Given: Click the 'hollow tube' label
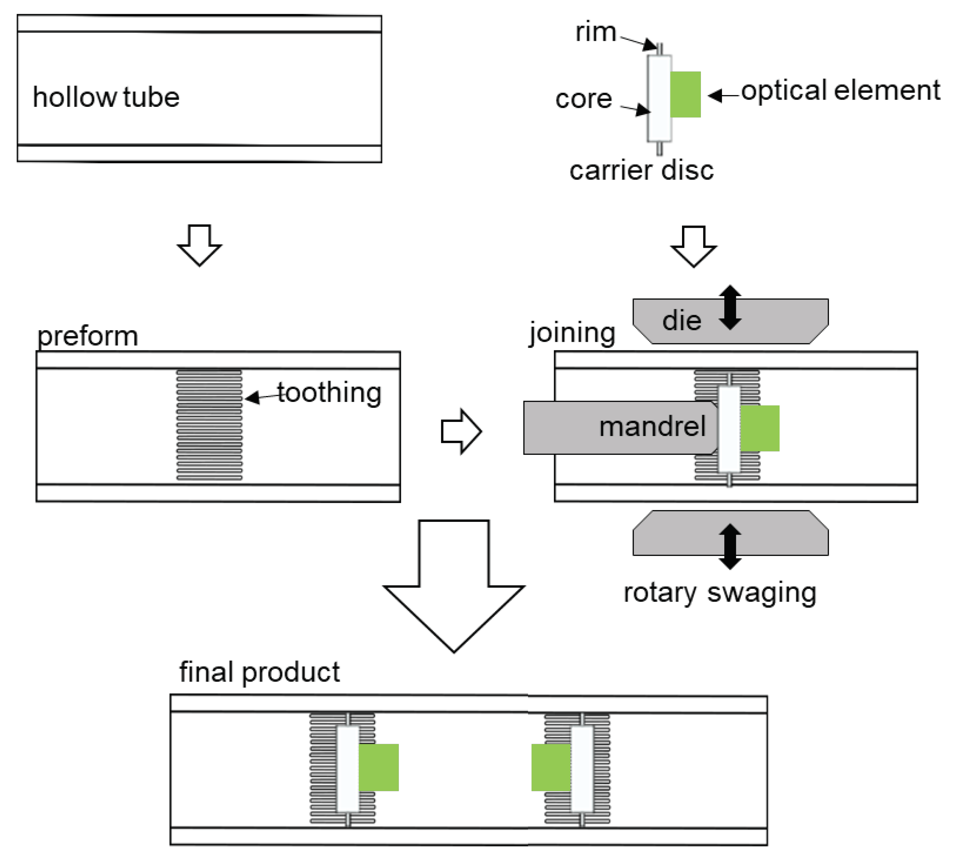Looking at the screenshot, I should click(x=106, y=98).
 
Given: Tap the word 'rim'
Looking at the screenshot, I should click(x=595, y=33).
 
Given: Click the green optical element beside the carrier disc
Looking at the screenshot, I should click(x=685, y=94).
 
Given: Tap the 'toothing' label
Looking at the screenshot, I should click(x=329, y=393).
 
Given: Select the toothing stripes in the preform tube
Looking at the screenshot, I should click(x=209, y=425).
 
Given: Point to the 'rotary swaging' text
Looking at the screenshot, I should click(x=720, y=593).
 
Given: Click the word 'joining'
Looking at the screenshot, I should click(x=572, y=333).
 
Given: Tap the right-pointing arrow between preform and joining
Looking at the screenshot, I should click(x=461, y=431).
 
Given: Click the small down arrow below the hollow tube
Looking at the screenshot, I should click(x=199, y=244).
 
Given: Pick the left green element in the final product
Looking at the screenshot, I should click(x=378, y=767).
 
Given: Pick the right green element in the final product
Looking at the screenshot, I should click(x=550, y=767).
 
